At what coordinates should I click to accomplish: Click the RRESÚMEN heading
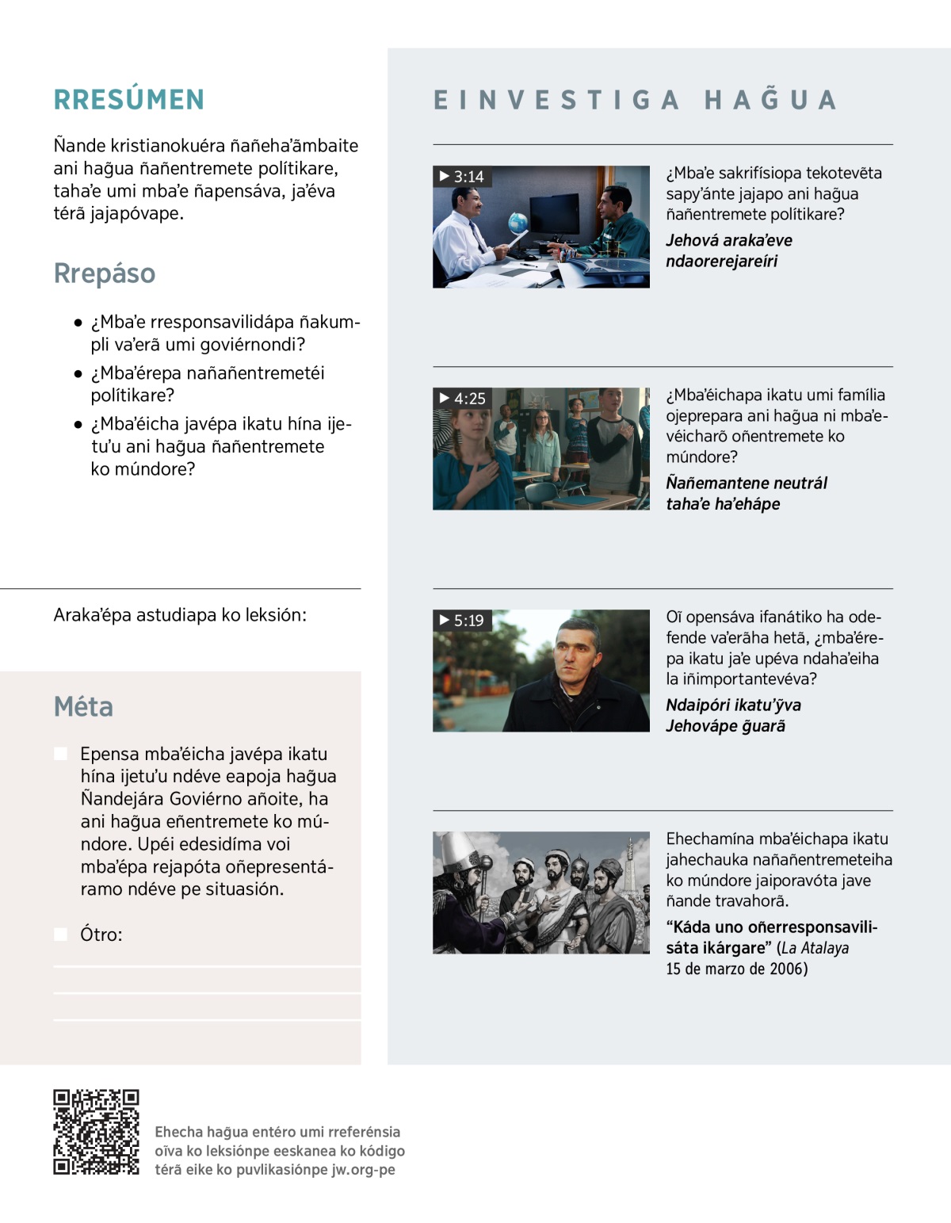click(x=129, y=100)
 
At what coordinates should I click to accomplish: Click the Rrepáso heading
click(x=105, y=273)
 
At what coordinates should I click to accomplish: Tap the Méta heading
click(x=83, y=706)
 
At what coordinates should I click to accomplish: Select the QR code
click(x=96, y=1132)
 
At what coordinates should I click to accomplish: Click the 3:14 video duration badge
click(x=462, y=177)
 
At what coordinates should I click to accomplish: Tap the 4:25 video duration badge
click(x=463, y=399)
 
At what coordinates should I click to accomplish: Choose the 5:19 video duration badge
click(x=462, y=621)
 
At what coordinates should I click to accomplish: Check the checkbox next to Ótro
click(x=60, y=934)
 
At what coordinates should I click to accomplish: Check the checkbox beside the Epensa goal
click(x=60, y=754)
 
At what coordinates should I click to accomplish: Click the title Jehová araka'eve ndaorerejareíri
click(x=729, y=250)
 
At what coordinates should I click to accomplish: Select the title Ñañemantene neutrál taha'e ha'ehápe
click(x=747, y=493)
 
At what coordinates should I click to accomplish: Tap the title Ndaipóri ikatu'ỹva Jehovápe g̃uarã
click(x=733, y=715)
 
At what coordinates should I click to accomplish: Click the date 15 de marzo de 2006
click(x=736, y=969)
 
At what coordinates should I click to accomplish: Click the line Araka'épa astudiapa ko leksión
click(x=180, y=615)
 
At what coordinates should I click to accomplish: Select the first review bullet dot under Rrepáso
click(x=78, y=323)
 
